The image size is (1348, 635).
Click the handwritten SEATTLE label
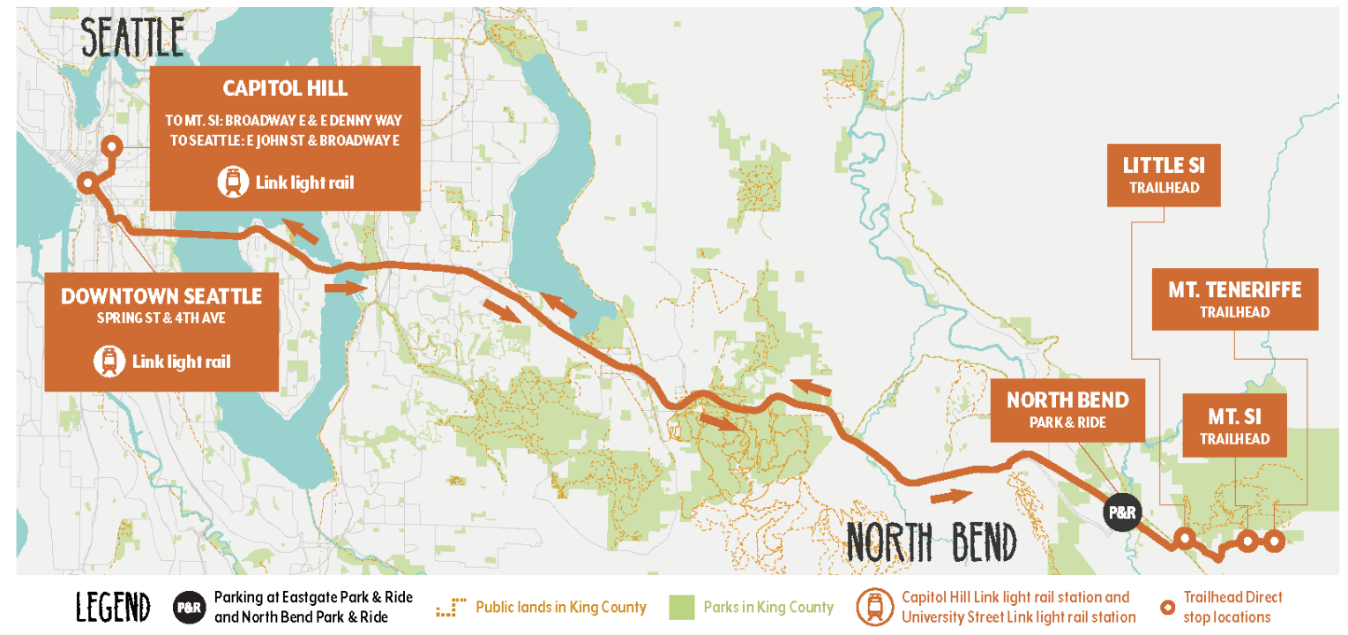click(133, 37)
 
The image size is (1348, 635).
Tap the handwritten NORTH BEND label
click(931, 541)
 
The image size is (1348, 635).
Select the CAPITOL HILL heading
click(285, 88)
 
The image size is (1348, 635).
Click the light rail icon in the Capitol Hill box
click(231, 183)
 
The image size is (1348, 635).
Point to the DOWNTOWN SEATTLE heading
click(161, 296)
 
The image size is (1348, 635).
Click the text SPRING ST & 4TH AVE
click(161, 317)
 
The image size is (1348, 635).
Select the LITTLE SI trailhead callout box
click(1164, 175)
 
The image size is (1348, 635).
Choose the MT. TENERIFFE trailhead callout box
click(1234, 299)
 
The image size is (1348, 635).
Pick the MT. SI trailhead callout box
click(1234, 424)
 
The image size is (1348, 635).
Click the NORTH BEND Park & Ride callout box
click(1067, 410)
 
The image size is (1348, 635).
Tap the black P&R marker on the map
click(1120, 512)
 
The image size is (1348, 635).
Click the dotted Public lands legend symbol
click(451, 607)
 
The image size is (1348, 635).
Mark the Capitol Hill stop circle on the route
click(111, 147)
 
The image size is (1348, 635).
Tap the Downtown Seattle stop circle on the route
click(86, 183)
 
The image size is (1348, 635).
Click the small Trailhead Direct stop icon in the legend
click(1167, 607)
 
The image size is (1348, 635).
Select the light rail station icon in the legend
click(875, 607)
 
